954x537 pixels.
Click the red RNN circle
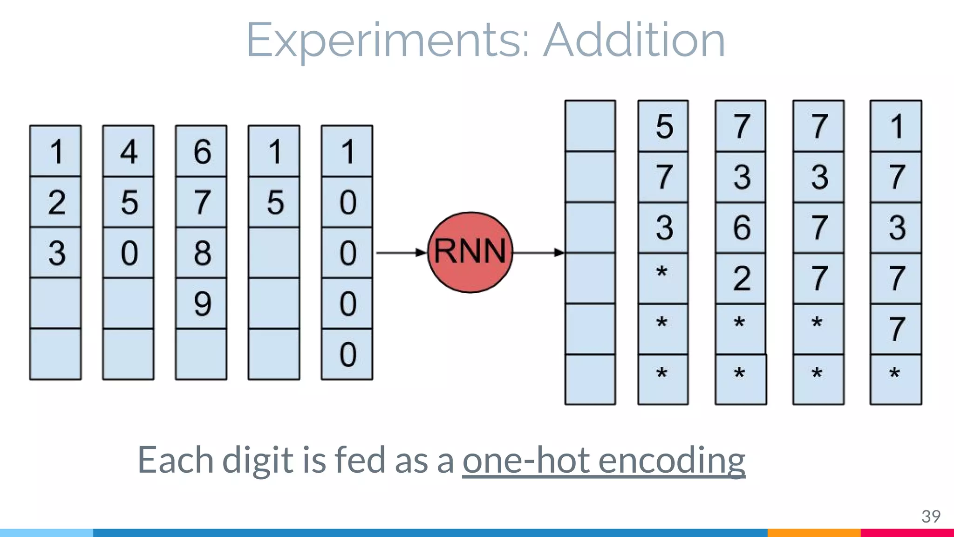pos(470,252)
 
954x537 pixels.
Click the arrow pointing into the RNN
pos(401,253)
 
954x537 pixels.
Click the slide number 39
pos(930,516)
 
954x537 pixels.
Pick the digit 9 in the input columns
pos(202,303)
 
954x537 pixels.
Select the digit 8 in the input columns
pos(202,253)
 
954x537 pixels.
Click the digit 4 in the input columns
pos(129,151)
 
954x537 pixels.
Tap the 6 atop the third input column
pos(202,151)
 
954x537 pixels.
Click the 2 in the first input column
pos(56,202)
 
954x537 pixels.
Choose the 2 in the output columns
pos(741,278)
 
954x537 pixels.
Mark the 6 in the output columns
pos(741,227)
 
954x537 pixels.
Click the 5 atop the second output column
pos(664,126)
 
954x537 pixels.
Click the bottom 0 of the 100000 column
pos(348,354)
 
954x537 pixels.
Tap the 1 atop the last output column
pos(896,126)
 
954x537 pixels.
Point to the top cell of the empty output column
pos(590,126)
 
